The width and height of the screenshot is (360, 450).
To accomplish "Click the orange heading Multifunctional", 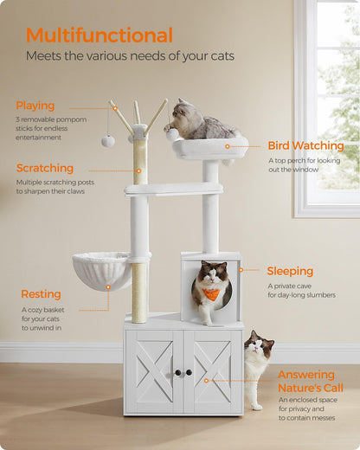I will [99, 35].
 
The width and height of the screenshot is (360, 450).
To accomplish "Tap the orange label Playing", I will [35, 106].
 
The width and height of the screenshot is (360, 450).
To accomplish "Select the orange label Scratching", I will [45, 168].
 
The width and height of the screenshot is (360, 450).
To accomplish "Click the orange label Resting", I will [41, 294].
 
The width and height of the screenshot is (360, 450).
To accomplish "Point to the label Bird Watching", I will [305, 145].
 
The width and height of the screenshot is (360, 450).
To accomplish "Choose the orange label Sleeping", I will [290, 271].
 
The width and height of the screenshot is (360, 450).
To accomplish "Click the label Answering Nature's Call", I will [310, 381].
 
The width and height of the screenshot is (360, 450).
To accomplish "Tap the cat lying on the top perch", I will [199, 120].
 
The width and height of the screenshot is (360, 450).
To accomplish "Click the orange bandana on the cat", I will [211, 294].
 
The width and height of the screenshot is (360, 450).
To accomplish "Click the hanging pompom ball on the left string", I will [108, 140].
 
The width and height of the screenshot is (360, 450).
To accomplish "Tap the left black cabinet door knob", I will [177, 372].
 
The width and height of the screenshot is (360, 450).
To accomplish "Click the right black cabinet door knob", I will [188, 372].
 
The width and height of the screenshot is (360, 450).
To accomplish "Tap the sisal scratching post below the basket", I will [138, 290].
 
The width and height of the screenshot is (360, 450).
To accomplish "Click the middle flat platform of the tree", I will [173, 188].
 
